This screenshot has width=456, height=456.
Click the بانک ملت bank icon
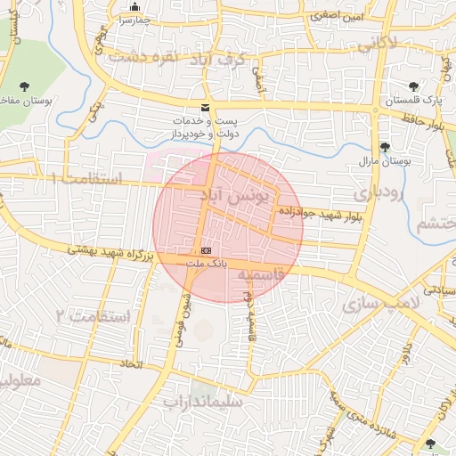click(207, 251)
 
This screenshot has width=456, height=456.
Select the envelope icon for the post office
click(206, 107)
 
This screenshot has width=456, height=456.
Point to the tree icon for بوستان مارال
click(385, 147)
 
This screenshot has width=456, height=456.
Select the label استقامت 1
click(86, 177)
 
